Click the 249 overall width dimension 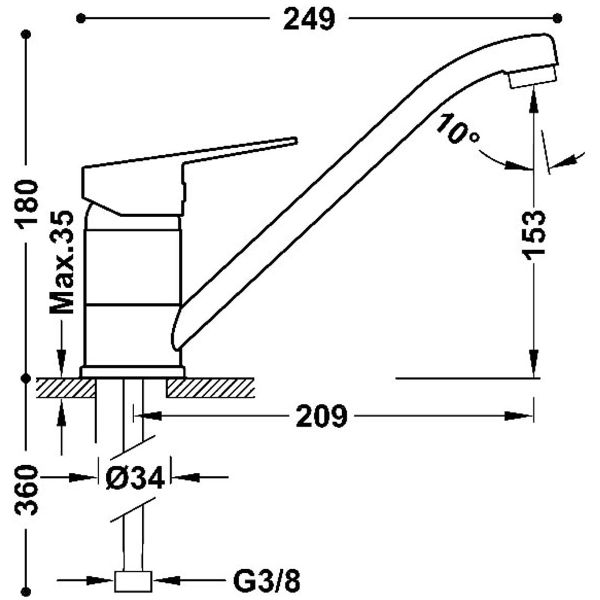[x=309, y=19]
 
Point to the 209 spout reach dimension [x=321, y=416]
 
